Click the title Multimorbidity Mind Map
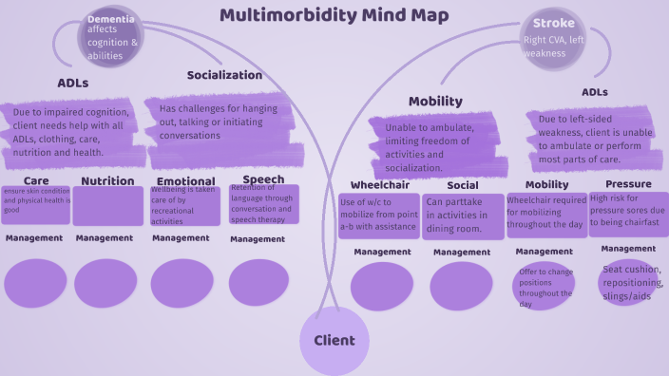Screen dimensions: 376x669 point(334,15)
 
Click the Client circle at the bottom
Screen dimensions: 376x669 point(334,340)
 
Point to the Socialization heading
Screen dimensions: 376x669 point(224,75)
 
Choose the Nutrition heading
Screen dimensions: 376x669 point(107,180)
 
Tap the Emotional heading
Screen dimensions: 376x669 point(185,180)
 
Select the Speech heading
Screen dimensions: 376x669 point(263,179)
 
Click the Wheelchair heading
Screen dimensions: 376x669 point(379,185)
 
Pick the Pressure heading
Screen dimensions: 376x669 point(628,183)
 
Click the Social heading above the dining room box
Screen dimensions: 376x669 point(462,185)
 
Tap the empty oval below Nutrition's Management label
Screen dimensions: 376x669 point(106,283)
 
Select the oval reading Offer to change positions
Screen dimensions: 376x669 point(546,287)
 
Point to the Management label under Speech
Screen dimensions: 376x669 point(258,239)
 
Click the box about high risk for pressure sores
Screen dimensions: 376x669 point(628,213)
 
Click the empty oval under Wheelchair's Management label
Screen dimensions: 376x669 point(381,286)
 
